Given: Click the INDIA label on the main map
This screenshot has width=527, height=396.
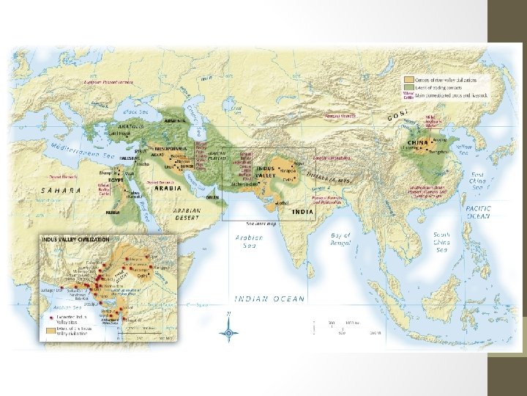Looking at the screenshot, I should (x=302, y=212).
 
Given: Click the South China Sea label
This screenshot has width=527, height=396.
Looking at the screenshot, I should (x=441, y=242).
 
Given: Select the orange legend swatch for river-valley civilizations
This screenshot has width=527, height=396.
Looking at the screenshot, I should (x=407, y=79).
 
